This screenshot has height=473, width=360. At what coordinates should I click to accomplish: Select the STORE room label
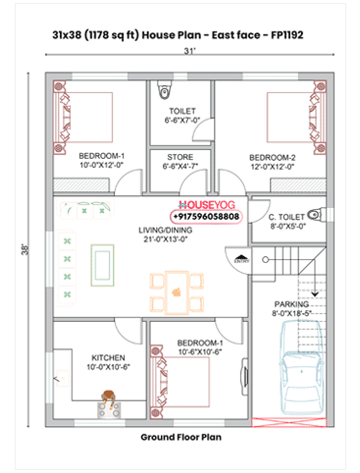pos(180,161)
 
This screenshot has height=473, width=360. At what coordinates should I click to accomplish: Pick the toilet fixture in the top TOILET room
pos(163,94)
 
